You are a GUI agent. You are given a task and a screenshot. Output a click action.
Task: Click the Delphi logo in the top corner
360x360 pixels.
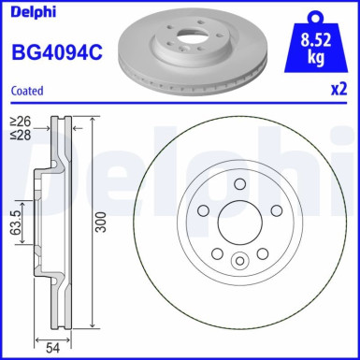[31, 11]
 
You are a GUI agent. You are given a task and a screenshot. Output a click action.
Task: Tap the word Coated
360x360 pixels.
[29, 91]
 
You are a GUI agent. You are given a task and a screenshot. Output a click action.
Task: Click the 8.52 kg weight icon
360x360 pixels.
[315, 47]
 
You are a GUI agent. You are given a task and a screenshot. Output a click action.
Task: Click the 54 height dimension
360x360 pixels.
[54, 346]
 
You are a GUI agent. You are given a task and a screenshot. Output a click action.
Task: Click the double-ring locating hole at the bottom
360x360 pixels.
[238, 262]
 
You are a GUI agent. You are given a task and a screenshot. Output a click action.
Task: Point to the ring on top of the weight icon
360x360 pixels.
[315, 11]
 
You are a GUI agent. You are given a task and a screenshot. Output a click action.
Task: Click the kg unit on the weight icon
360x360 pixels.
[315, 58]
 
